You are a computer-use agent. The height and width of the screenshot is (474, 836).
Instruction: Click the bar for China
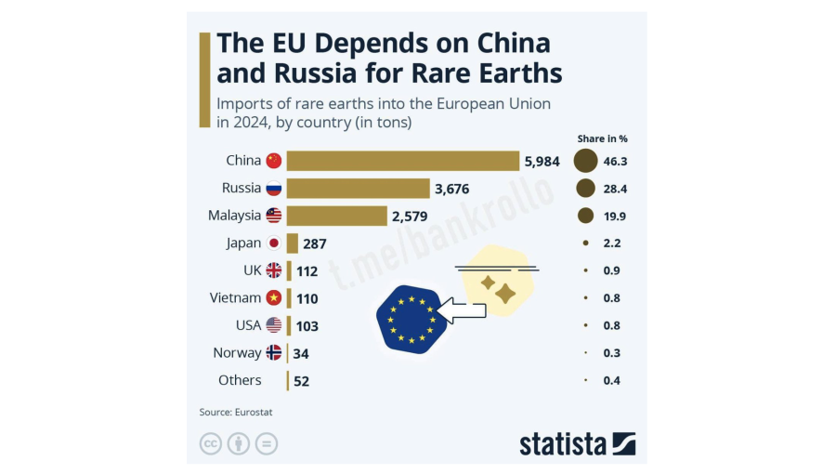coord(402,161)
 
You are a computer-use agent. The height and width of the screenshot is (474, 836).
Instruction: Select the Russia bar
coord(358,189)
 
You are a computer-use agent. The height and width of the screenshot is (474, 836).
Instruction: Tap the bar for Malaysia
coord(336,216)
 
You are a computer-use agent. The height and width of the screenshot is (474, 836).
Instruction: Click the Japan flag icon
coord(274,244)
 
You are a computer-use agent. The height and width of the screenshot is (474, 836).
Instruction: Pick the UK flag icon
coord(274,270)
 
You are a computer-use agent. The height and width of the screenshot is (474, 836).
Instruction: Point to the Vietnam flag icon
coord(274,298)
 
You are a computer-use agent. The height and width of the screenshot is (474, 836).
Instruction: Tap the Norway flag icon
coord(274,353)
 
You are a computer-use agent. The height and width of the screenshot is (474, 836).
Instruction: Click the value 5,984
coord(542,161)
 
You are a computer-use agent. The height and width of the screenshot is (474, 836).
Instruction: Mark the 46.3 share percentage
coord(616,161)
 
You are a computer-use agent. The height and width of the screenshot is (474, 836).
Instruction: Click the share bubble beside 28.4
coord(585,189)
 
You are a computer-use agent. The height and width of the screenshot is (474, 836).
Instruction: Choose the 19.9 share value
coord(616,217)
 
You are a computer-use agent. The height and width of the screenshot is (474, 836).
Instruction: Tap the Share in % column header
coord(603,138)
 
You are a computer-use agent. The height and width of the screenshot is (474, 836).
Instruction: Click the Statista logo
coord(577,443)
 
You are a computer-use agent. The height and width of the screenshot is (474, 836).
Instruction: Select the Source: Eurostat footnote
coord(236,412)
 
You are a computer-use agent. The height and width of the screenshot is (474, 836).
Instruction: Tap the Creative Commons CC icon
coord(211,443)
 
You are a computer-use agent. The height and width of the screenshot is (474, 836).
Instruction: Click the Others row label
coord(240,380)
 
